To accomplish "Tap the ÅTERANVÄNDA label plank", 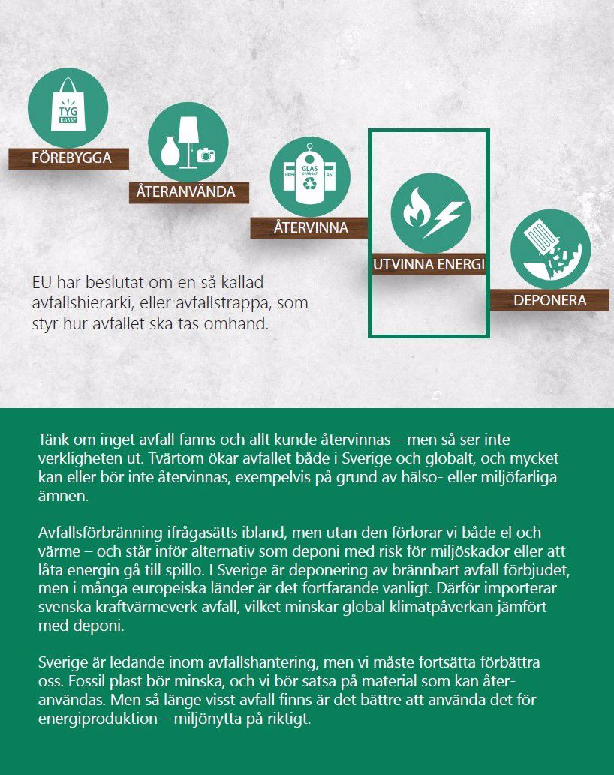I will (x=186, y=191).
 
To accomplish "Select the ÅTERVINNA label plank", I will (x=310, y=227).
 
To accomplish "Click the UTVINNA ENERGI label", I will (x=429, y=265).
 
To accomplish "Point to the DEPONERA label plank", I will (x=549, y=300).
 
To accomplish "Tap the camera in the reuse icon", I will (x=205, y=155).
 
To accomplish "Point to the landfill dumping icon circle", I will (x=549, y=250).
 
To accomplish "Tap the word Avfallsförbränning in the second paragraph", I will (x=100, y=533).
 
